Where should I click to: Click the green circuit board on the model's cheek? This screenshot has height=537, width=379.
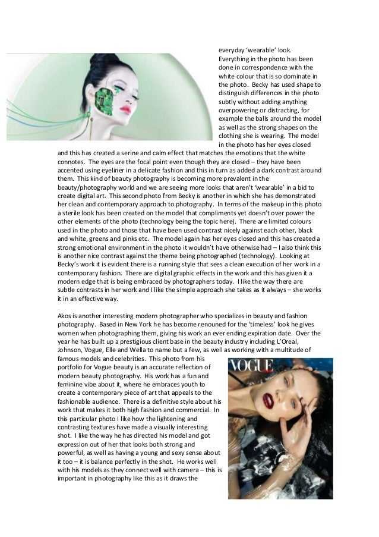point(108,95)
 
